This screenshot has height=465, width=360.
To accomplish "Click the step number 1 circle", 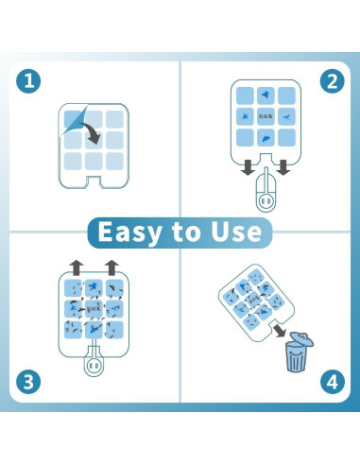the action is coord(28,81).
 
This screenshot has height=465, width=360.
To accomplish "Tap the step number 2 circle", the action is coord(333,81).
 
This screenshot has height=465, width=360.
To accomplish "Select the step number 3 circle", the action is coord(28,382).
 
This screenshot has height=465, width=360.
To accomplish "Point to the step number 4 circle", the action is coord(333,382).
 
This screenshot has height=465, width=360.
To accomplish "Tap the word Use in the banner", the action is coord(236,232).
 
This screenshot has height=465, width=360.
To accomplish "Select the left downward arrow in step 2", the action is coord(249,167).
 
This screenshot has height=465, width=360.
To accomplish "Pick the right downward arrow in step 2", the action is coord(283,167).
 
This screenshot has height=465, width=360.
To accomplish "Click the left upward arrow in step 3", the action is coord(77,267).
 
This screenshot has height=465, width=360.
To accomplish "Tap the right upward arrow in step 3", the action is coord(111,267).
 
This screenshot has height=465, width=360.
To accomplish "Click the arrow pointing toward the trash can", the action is coord(279,331).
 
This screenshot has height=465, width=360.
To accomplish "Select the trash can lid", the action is coord(301,338).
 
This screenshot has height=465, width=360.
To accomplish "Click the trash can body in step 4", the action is coord(296,357).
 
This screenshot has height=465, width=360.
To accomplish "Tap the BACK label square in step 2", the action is coord(266,116).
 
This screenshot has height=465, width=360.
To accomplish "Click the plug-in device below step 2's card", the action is coord(266,192).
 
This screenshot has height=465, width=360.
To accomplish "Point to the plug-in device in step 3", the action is coord(94,362).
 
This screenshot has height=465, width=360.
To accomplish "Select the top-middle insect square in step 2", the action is coord(266,95).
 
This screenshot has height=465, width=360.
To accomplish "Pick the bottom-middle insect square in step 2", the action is coord(266,138).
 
